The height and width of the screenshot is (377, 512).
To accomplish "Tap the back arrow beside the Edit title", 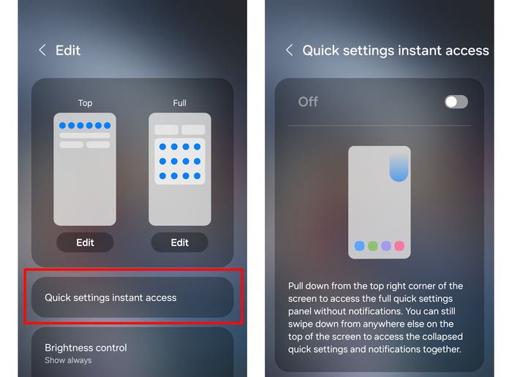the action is pyautogui.click(x=42, y=50).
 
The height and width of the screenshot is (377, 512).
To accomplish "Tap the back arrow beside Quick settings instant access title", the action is pyautogui.click(x=289, y=50).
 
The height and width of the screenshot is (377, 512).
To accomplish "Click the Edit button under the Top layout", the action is pyautogui.click(x=85, y=243).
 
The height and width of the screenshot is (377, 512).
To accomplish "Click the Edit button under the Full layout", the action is pyautogui.click(x=180, y=243).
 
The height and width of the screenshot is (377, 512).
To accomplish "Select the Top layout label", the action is pyautogui.click(x=86, y=103).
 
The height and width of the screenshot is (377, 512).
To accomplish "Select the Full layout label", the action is pyautogui.click(x=180, y=103).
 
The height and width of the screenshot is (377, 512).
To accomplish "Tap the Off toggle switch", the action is pyautogui.click(x=456, y=102).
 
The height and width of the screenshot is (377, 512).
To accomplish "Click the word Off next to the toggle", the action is pyautogui.click(x=308, y=102).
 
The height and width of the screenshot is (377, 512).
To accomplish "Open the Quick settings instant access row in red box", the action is pyautogui.click(x=132, y=297).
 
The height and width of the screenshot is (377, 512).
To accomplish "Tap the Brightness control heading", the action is pyautogui.click(x=86, y=348).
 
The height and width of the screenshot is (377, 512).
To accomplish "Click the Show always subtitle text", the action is pyautogui.click(x=68, y=360).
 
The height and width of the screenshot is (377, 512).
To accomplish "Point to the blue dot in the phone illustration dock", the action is pyautogui.click(x=360, y=246).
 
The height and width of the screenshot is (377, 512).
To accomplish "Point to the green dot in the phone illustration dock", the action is pyautogui.click(x=373, y=246).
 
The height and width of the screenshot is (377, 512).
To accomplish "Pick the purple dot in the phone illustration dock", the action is pyautogui.click(x=386, y=246).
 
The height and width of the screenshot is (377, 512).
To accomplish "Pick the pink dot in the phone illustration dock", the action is pyautogui.click(x=399, y=246).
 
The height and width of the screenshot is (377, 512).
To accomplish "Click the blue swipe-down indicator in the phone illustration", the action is pyautogui.click(x=399, y=168).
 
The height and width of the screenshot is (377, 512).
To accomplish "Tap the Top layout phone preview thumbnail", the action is pyautogui.click(x=85, y=169).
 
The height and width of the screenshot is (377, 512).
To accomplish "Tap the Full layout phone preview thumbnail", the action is pyautogui.click(x=180, y=169).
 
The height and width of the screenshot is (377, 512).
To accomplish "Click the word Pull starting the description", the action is pyautogui.click(x=295, y=286).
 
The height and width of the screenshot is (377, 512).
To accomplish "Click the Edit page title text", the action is pyautogui.click(x=68, y=50).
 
